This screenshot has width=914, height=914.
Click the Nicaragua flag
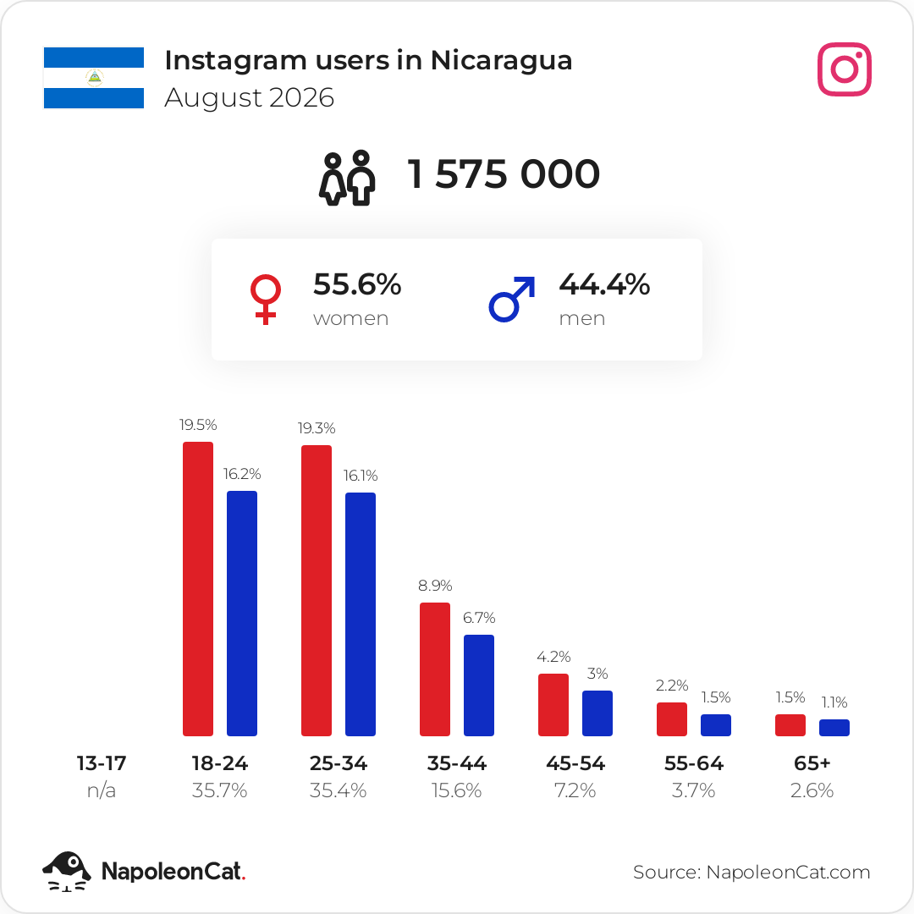94,78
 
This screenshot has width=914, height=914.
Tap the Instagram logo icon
844,69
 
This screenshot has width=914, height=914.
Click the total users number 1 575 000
503,173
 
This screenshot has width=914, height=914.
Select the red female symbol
265,299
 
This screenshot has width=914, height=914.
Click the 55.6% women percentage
357,284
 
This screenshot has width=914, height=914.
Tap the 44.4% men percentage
604,284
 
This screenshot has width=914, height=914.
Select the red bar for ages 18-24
198,589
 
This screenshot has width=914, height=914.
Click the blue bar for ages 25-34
361,614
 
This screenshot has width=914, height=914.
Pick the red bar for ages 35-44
435,669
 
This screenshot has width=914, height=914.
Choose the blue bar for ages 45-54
597,713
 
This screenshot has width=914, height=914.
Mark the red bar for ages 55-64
672,719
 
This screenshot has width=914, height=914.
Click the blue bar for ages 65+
834,728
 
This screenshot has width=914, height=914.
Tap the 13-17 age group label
102,763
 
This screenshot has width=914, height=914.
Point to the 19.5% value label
198,425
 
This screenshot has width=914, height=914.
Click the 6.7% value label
479,618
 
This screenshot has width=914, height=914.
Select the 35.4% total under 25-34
338,790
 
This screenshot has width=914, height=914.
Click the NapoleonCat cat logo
67,872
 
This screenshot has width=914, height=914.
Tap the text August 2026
250,97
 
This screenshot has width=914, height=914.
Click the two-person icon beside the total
347,178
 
